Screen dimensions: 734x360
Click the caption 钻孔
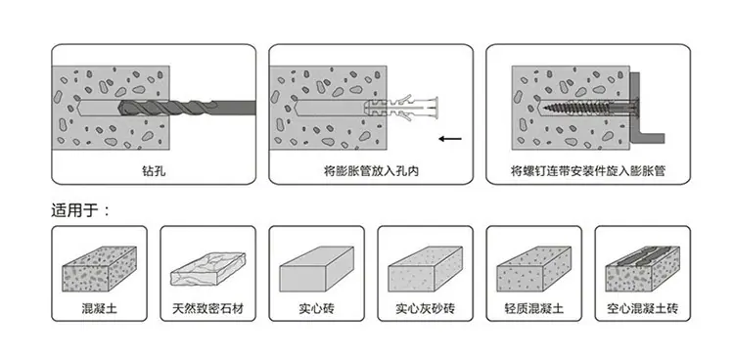[154, 171]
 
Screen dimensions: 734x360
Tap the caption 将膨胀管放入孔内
[371, 171]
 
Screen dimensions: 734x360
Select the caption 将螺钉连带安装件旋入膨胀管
[588, 171]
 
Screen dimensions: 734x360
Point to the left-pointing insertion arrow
[450, 139]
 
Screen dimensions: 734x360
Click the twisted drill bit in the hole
[186, 108]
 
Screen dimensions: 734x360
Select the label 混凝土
[99, 308]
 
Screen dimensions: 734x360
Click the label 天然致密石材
[207, 308]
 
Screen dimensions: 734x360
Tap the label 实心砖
[316, 308]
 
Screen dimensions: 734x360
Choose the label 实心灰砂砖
[425, 308]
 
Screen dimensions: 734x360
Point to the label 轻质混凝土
[533, 308]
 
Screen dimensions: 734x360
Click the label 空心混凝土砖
[642, 308]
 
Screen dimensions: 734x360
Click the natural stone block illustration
[207, 269]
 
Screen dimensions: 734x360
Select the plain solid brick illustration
[316, 269]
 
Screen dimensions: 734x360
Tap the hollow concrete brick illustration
[642, 269]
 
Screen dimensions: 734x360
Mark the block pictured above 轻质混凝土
[533, 269]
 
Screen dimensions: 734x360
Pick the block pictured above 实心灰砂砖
[425, 269]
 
